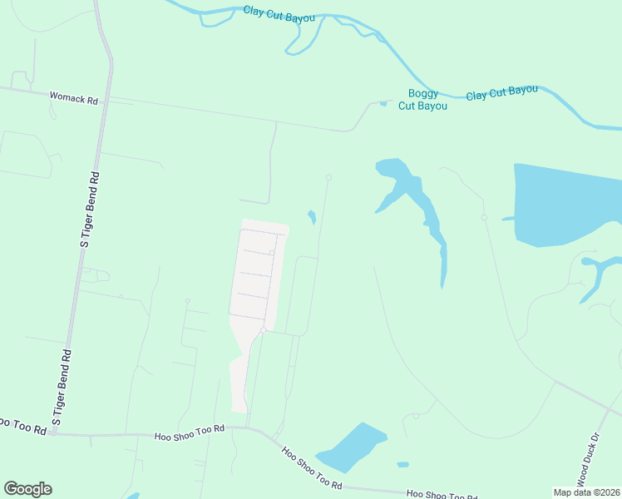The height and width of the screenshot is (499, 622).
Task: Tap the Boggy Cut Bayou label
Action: (422, 100)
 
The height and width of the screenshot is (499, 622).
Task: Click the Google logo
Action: (27, 489)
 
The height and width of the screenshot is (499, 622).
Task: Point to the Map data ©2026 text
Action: (587, 492)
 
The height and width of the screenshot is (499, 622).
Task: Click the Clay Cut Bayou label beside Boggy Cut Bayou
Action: (501, 92)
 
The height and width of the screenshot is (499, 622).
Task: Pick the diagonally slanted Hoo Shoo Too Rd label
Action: (311, 468)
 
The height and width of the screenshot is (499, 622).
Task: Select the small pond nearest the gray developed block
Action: (312, 217)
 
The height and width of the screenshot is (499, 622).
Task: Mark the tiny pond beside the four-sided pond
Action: (403, 464)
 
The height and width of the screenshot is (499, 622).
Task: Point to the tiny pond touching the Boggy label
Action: (383, 103)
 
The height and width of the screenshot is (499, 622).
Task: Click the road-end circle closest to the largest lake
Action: (484, 218)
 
